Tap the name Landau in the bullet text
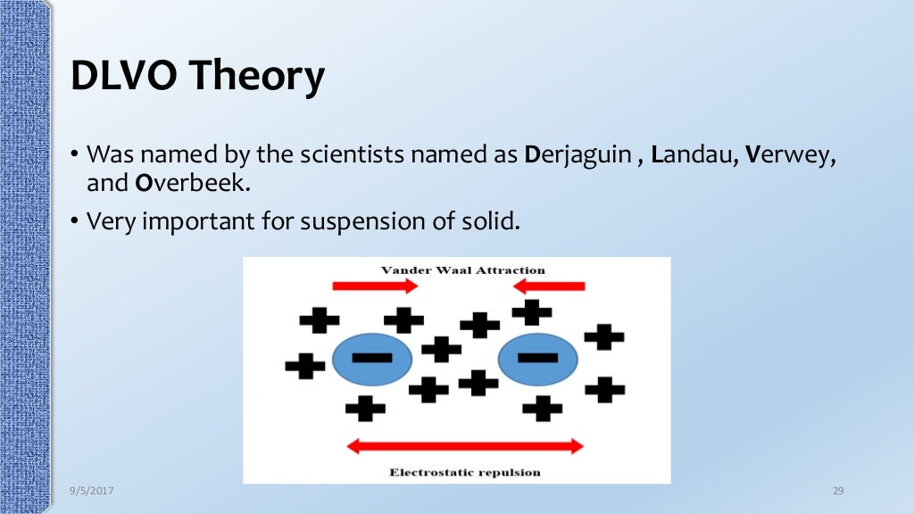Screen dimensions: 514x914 [689, 155]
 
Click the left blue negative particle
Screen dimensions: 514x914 [371, 360]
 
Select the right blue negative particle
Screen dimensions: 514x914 [537, 360]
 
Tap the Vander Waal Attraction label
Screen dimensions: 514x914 [462, 269]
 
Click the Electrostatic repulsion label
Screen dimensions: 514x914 [464, 472]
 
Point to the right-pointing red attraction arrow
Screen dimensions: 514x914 [375, 286]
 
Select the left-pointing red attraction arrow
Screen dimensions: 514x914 [549, 286]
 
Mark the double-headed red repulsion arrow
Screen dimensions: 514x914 [464, 446]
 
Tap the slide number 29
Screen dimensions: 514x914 [837, 492]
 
